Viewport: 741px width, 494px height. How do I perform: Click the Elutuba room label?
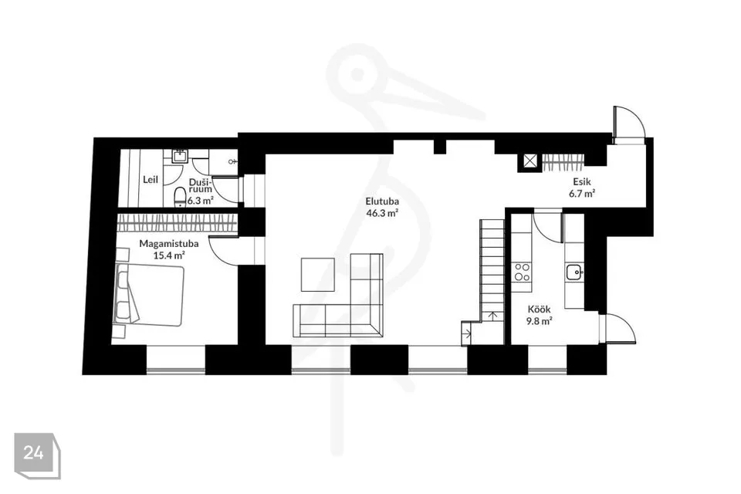pyautogui.click(x=382, y=201)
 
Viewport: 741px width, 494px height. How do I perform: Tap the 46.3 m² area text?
pyautogui.click(x=382, y=213)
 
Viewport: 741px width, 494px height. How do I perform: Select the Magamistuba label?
pyautogui.click(x=169, y=244)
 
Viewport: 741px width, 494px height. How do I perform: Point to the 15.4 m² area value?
pyautogui.click(x=169, y=255)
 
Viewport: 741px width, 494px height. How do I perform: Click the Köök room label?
pyautogui.click(x=540, y=310)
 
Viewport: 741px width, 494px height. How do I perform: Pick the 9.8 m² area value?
pyautogui.click(x=540, y=321)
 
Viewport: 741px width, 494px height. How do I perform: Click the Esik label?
pyautogui.click(x=582, y=181)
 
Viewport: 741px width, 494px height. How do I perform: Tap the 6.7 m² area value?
pyautogui.click(x=582, y=193)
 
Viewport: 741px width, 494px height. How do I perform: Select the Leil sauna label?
pyautogui.click(x=151, y=180)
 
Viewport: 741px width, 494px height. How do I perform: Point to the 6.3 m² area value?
pyautogui.click(x=201, y=201)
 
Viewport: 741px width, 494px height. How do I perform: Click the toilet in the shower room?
pyautogui.click(x=180, y=197)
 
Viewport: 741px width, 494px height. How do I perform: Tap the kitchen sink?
pyautogui.click(x=574, y=272)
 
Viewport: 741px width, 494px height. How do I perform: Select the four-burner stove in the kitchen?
pyautogui.click(x=522, y=272)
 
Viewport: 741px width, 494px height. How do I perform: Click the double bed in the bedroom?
pyautogui.click(x=148, y=295)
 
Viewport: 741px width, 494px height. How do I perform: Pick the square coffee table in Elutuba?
pyautogui.click(x=317, y=274)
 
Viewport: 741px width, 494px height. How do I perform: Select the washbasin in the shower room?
pyautogui.click(x=180, y=155)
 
